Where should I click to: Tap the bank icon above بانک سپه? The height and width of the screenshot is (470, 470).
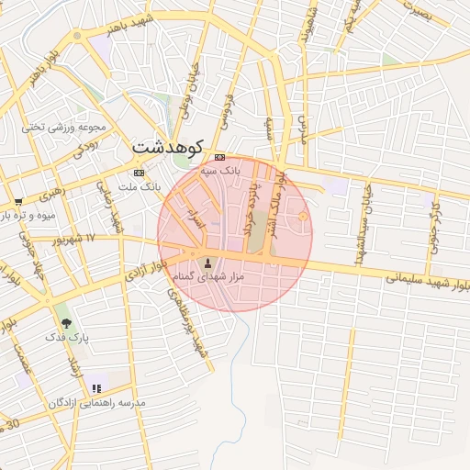click(x=218, y=156)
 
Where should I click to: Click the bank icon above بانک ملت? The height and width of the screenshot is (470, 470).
click(x=139, y=173)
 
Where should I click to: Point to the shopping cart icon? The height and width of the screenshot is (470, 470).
click(x=18, y=200)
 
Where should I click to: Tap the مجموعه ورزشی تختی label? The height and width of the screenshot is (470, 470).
click(x=65, y=127)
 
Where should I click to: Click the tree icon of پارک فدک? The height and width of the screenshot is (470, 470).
click(x=66, y=322)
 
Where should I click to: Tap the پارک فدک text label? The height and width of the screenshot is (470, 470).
click(x=68, y=337)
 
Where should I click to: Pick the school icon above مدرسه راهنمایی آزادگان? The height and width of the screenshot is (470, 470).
click(x=96, y=389)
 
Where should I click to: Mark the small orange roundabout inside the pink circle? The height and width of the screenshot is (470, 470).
click(x=303, y=216)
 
